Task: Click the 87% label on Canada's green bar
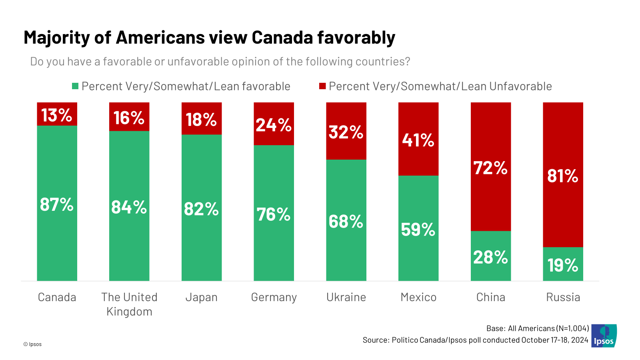[57, 204]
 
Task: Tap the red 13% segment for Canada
[57, 115]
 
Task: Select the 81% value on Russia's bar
[563, 176]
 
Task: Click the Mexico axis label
[418, 297]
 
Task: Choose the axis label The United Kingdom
[129, 304]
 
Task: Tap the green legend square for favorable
[75, 86]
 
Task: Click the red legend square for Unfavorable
[322, 86]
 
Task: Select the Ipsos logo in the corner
[604, 336]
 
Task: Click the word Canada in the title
[282, 38]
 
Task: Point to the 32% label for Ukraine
[346, 132]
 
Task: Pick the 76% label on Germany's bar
[274, 214]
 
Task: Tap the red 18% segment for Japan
[202, 119]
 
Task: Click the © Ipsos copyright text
[32, 344]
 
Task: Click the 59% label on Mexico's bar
[418, 230]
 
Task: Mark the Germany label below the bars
[274, 297]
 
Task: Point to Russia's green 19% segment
[563, 265]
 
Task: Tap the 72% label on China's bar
[491, 168]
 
